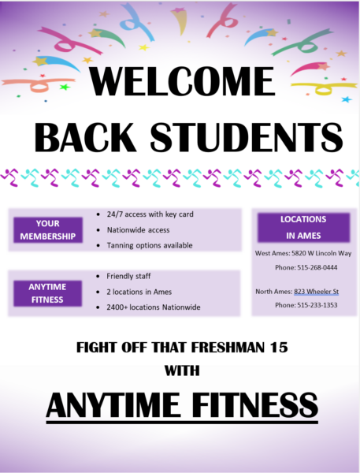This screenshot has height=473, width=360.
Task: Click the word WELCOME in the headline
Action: pyautogui.click(x=182, y=81)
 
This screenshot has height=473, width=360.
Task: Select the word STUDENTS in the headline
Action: pyautogui.click(x=247, y=137)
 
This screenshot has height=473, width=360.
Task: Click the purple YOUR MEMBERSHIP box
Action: pyautogui.click(x=48, y=230)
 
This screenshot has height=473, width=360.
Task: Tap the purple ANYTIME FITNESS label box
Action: pyautogui.click(x=47, y=293)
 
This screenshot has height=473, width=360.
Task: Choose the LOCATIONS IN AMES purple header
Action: pyautogui.click(x=303, y=228)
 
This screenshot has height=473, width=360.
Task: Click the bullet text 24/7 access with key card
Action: pyautogui.click(x=150, y=214)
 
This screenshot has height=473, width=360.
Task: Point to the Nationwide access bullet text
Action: pyautogui.click(x=138, y=230)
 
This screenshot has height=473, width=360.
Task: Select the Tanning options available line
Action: pyautogui.click(x=150, y=245)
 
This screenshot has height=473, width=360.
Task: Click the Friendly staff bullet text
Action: pyautogui.click(x=128, y=276)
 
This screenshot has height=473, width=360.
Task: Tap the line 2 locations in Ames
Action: pyautogui.click(x=139, y=292)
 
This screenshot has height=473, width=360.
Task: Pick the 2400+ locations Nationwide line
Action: pyautogui.click(x=154, y=307)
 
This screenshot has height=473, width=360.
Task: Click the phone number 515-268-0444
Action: pyautogui.click(x=317, y=267)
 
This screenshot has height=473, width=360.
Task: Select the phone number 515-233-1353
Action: pyautogui.click(x=317, y=305)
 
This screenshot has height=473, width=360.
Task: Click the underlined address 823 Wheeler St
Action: pyautogui.click(x=317, y=292)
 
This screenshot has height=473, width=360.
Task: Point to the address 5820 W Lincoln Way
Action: pyautogui.click(x=321, y=253)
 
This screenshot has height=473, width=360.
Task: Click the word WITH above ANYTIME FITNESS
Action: pyautogui.click(x=182, y=371)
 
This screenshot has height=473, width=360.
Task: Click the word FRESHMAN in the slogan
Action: pyautogui.click(x=228, y=347)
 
